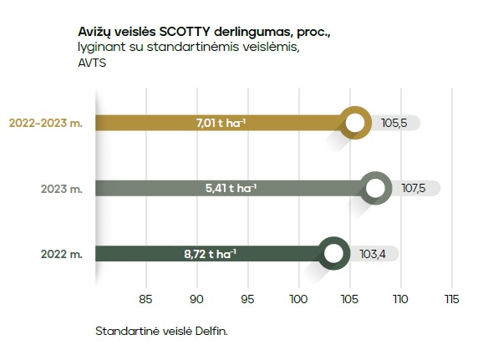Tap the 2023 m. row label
62,189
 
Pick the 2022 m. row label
62,254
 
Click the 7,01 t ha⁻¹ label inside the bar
221,123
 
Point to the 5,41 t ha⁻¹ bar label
231,188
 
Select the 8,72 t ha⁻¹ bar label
210,253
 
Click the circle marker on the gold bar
355,124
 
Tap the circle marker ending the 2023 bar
376,188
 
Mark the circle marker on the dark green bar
334,253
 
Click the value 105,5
393,123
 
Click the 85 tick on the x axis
145,298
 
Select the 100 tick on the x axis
298,298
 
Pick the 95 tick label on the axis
247,298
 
